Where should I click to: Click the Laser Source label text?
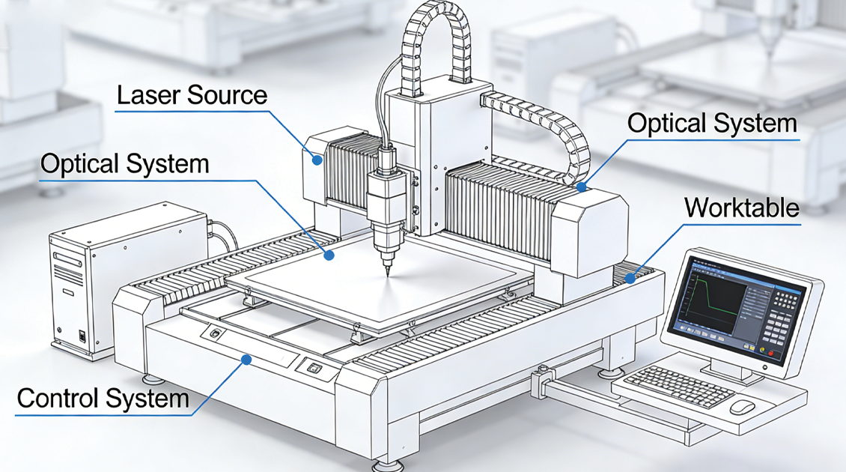tap(192, 95)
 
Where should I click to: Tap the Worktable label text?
tap(742, 208)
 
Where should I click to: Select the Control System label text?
tap(103, 398)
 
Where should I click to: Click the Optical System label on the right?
tap(712, 123)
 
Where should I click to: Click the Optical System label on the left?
tap(124, 163)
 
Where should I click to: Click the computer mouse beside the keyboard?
tap(742, 407)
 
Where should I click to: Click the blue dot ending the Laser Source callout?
tap(317, 160)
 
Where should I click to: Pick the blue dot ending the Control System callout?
tap(245, 360)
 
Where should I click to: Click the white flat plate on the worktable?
tap(374, 292)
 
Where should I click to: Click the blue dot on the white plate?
tap(329, 255)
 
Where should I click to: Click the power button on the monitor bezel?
tap(765, 369)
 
